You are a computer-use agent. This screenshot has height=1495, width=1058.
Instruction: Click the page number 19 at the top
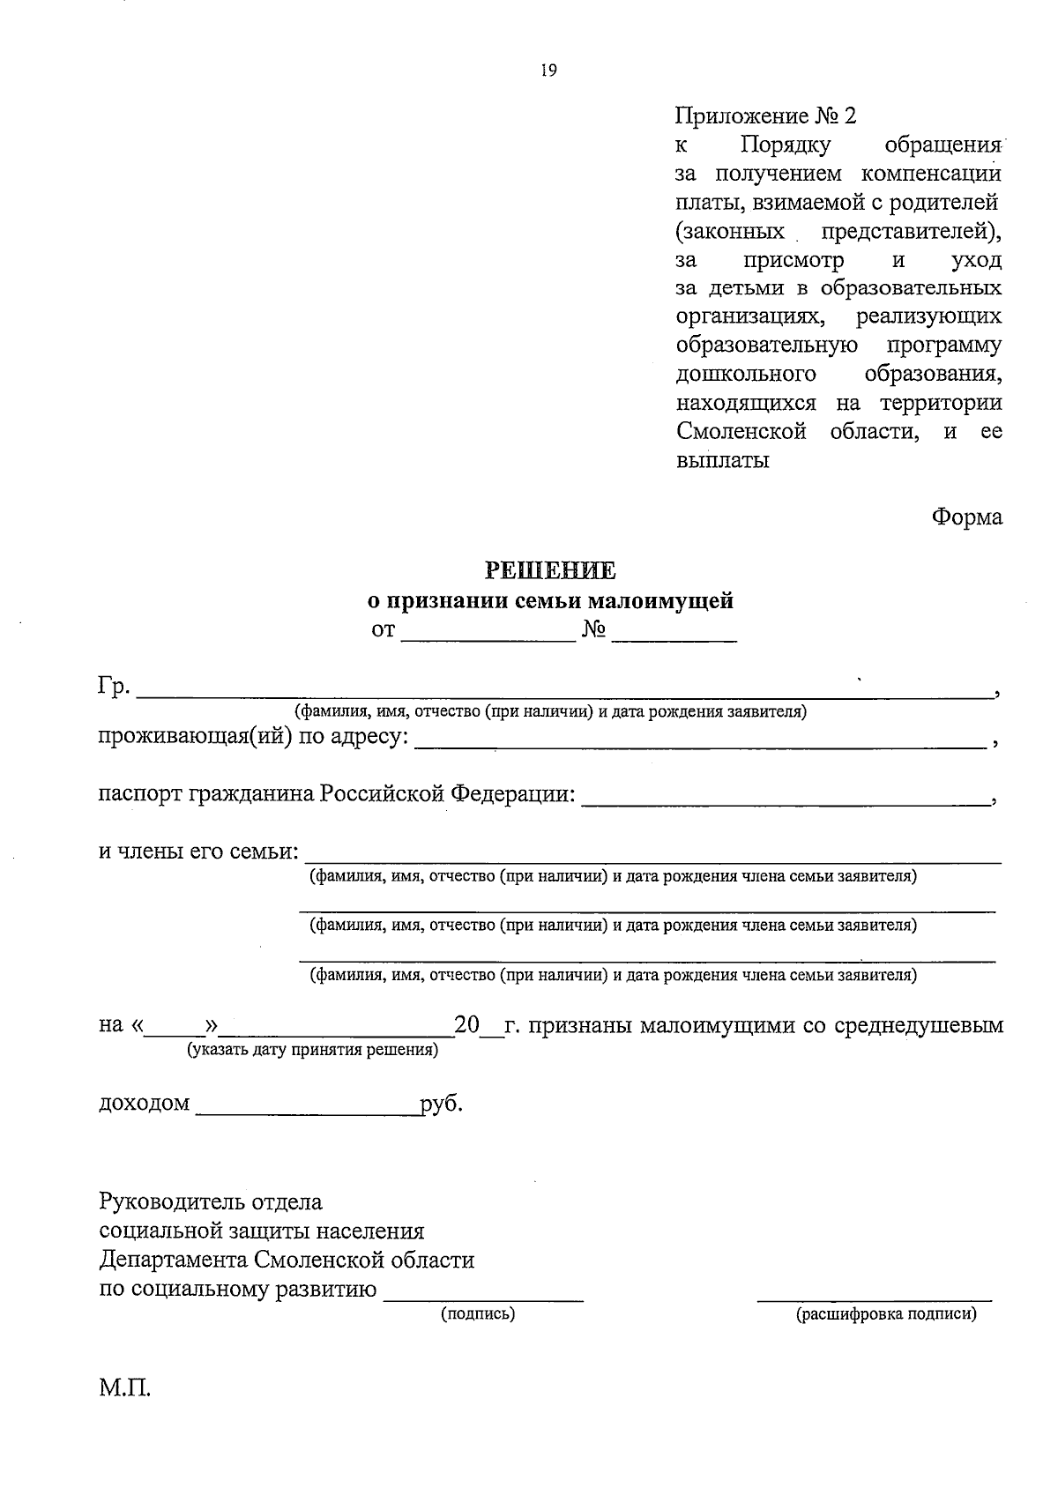click(548, 71)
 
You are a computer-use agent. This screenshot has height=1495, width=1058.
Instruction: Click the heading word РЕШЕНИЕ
click(552, 570)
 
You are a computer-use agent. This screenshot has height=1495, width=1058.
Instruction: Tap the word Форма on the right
click(967, 517)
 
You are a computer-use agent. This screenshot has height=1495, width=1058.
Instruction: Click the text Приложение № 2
click(765, 115)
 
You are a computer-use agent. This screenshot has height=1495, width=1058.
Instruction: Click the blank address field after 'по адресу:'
click(699, 742)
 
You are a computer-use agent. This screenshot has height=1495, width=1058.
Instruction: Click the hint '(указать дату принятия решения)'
click(311, 1050)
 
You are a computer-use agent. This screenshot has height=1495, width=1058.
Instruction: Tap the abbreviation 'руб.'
click(442, 1104)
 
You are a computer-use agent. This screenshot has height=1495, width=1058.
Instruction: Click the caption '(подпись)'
click(478, 1314)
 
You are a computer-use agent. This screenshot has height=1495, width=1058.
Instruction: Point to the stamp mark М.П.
click(125, 1390)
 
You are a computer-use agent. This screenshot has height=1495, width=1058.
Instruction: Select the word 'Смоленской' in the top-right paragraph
click(741, 432)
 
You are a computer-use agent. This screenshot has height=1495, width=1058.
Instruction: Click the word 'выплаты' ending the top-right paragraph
click(722, 460)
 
